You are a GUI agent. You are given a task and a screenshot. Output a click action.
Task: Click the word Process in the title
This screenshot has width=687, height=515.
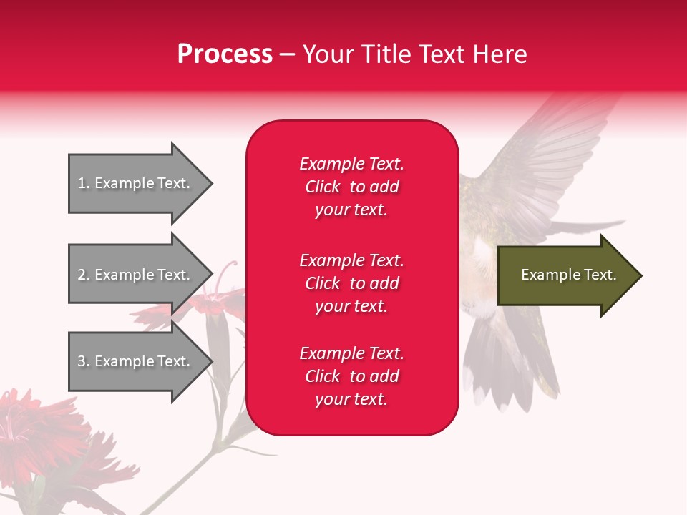pyautogui.click(x=225, y=54)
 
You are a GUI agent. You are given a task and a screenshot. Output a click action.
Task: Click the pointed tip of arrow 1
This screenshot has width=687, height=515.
pyautogui.click(x=210, y=183)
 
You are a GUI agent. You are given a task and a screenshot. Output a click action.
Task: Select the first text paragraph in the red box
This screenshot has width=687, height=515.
pyautogui.click(x=351, y=187)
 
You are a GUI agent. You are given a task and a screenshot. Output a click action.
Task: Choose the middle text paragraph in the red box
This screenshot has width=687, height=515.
pyautogui.click(x=351, y=283)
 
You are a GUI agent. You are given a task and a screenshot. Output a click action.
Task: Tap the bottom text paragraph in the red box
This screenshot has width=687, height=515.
pyautogui.click(x=351, y=376)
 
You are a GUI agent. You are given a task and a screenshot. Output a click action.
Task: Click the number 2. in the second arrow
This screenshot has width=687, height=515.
pyautogui.click(x=84, y=275)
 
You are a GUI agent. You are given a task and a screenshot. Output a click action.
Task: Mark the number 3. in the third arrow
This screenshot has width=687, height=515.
pyautogui.click(x=84, y=361)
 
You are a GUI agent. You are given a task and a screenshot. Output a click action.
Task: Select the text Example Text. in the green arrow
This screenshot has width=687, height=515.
pyautogui.click(x=568, y=275)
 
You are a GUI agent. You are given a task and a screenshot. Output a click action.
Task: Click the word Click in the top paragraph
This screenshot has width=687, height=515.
pyautogui.click(x=323, y=187)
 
